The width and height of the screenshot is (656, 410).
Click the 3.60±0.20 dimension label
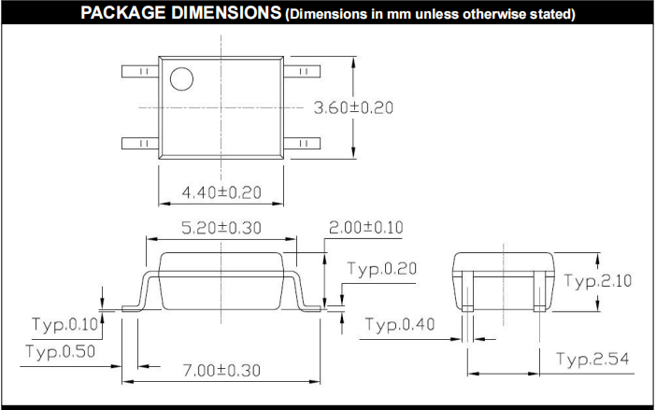tap(353, 107)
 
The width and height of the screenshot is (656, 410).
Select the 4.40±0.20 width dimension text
tap(221, 192)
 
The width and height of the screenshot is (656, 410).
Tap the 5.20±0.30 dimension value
tap(221, 228)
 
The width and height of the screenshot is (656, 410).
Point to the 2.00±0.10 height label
tap(366, 227)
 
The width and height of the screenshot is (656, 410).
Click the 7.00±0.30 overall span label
tap(221, 370)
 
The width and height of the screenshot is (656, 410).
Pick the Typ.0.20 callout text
tap(382, 269)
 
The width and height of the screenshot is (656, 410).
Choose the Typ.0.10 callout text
tap(64, 324)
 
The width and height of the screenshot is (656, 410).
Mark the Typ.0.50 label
tap(61, 351)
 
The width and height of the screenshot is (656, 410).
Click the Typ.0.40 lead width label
tap(400, 324)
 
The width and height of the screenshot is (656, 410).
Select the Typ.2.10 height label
tap(598, 281)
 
